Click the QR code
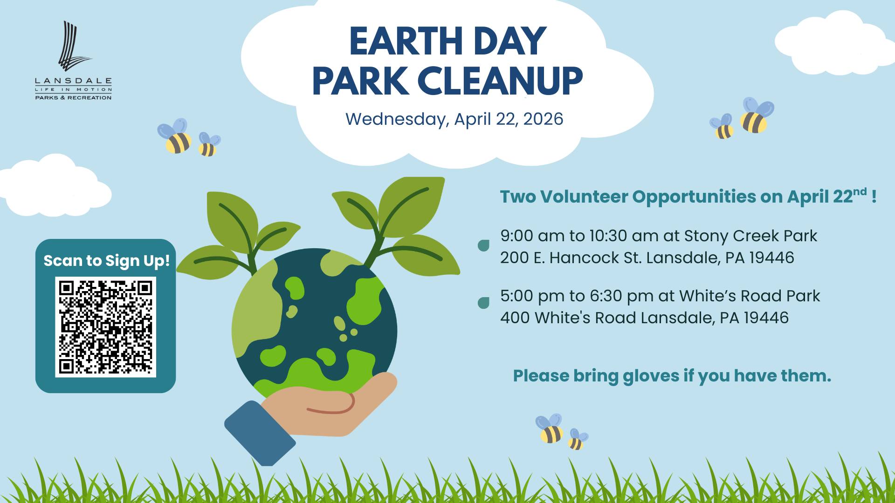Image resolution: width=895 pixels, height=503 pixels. [x=105, y=327]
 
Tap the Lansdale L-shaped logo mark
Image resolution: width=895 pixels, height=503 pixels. [x=74, y=45]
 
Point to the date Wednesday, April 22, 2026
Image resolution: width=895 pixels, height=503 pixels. [x=454, y=119]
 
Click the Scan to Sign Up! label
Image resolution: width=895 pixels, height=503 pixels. [x=107, y=260]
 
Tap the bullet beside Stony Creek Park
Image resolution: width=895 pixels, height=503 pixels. [x=484, y=245]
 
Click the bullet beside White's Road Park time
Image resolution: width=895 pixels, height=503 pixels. [x=484, y=303]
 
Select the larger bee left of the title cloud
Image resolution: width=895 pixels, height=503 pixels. [x=175, y=136]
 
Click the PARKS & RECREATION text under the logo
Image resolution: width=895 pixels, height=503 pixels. [x=73, y=98]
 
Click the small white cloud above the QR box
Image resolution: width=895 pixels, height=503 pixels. [x=55, y=186]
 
